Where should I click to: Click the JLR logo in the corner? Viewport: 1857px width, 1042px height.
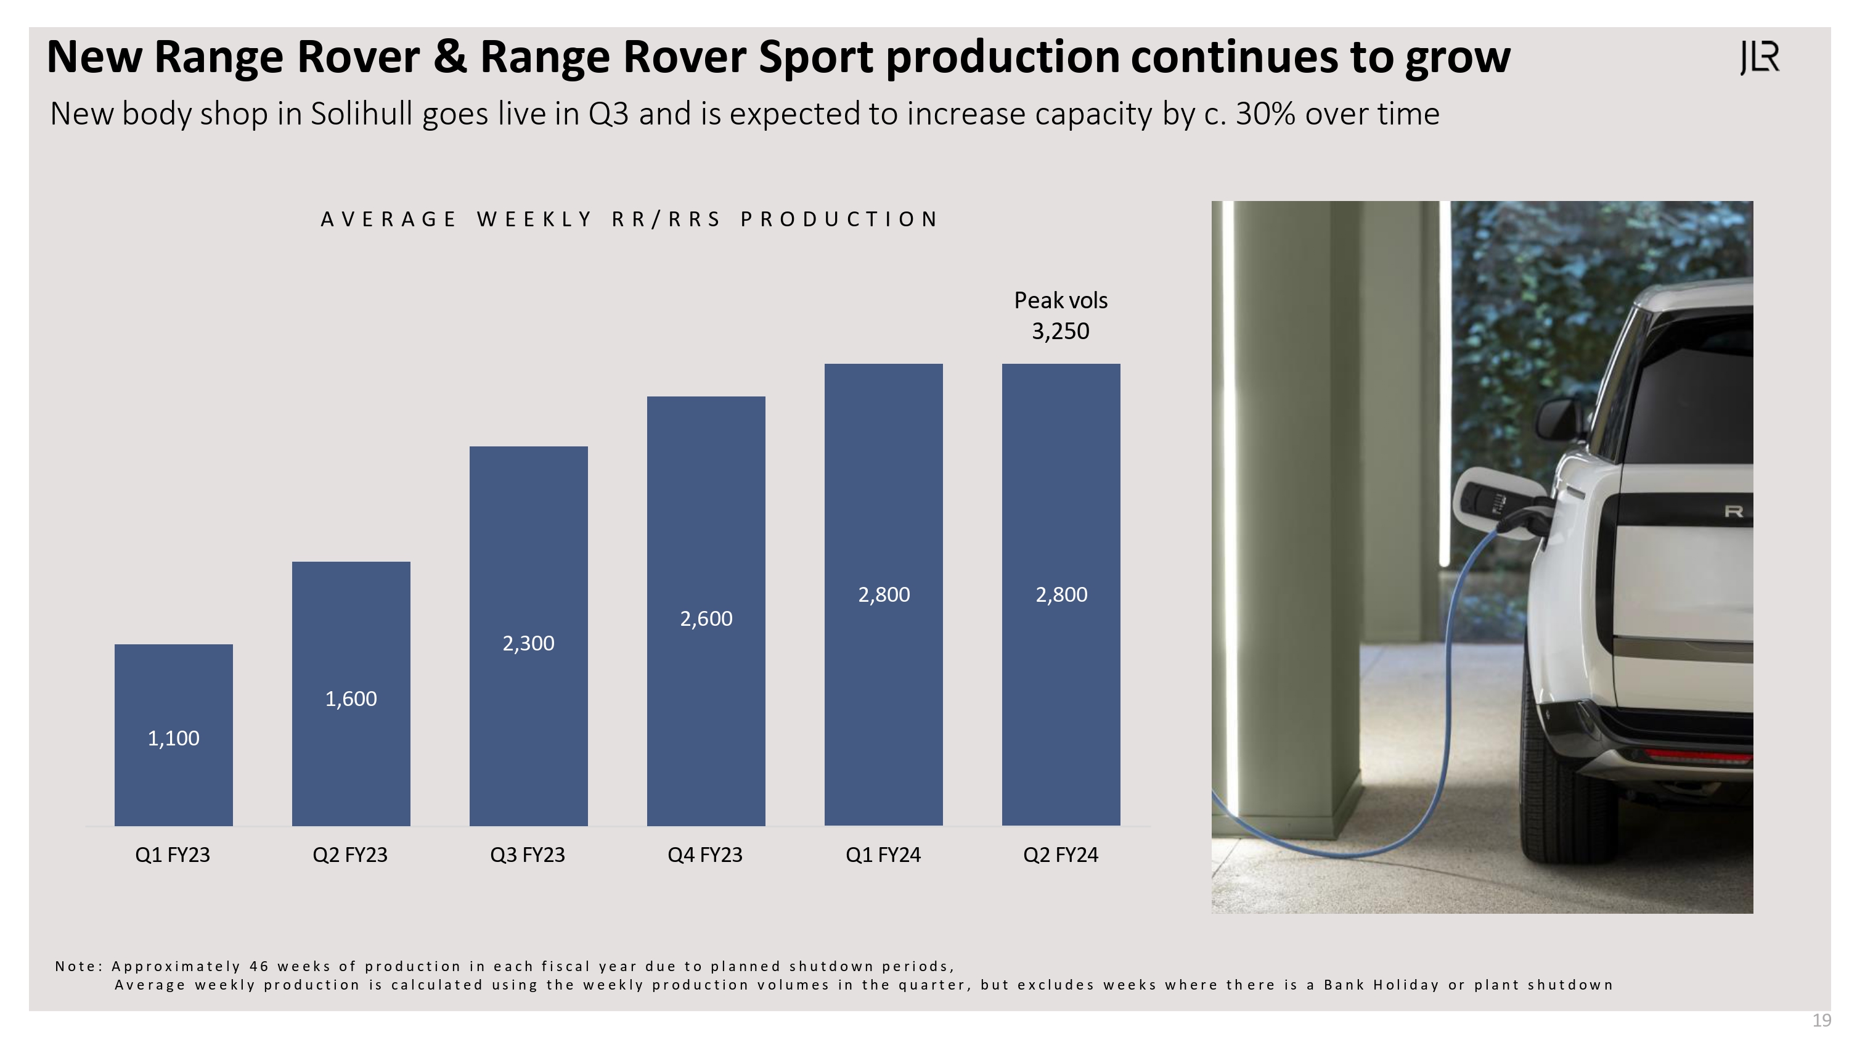[x=1759, y=58]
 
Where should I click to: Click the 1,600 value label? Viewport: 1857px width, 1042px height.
[x=351, y=699]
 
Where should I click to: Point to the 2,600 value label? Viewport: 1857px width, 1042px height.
[x=706, y=618]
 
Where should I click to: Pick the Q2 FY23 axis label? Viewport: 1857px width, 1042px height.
[x=349, y=855]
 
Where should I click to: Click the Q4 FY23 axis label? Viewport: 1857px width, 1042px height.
[x=705, y=855]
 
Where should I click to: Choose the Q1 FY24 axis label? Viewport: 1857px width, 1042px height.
[x=883, y=855]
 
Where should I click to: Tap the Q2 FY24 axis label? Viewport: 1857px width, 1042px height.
[x=1061, y=855]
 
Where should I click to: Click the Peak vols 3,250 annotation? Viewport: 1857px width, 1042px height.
[x=1061, y=316]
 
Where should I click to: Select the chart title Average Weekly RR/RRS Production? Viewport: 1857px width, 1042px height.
[x=629, y=219]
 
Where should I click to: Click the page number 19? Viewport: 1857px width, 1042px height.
[x=1822, y=1020]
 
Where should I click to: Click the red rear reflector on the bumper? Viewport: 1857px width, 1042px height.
[x=1698, y=755]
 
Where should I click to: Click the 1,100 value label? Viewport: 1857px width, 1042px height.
[x=174, y=739]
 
